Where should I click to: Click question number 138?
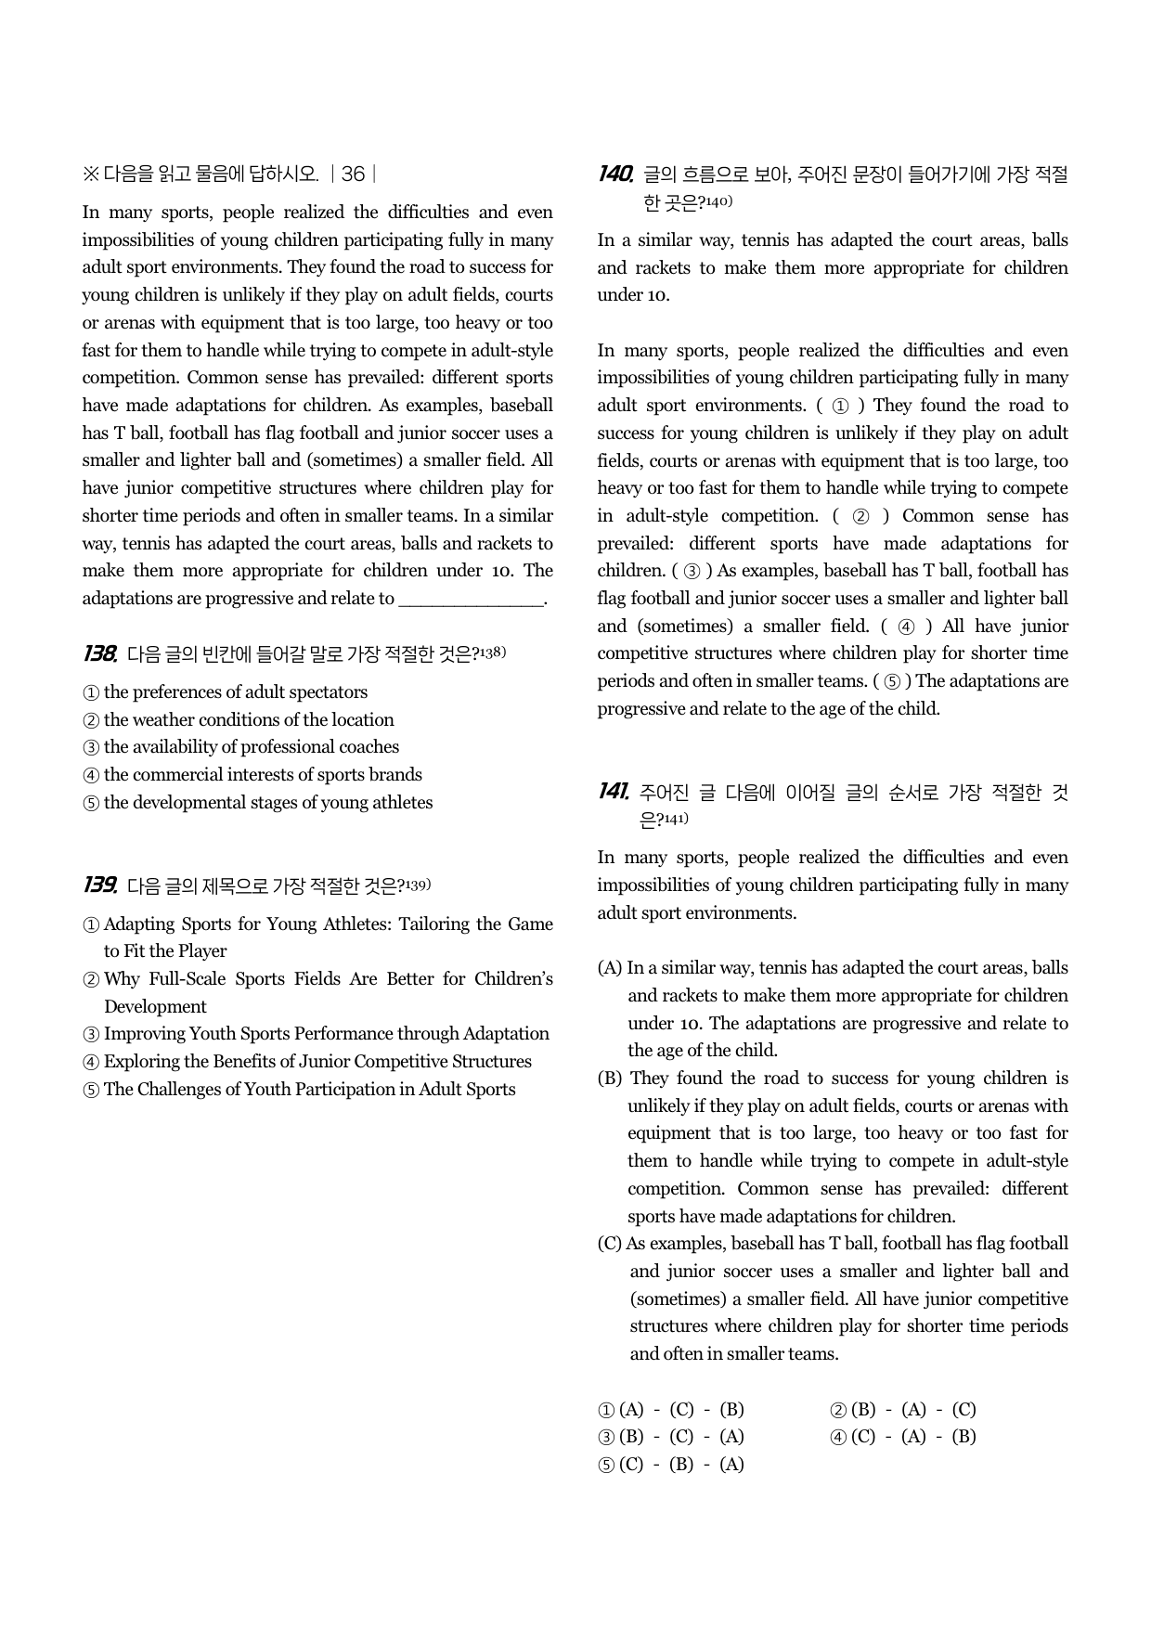pos(99,654)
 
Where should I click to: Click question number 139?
pos(99,885)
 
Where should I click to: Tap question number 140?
pos(614,174)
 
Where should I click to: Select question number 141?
pos(614,793)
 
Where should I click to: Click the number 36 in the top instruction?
pos(353,174)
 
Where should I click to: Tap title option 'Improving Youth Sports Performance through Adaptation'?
pos(316,1034)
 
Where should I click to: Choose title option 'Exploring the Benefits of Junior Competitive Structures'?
pos(307,1062)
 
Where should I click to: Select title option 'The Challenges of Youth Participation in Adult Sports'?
pos(299,1090)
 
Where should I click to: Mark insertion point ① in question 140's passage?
pos(841,407)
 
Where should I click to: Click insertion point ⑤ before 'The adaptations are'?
pos(892,682)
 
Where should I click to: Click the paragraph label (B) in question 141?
pos(610,1079)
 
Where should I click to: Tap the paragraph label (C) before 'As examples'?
pos(610,1244)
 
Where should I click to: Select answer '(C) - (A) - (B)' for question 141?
pos(903,1437)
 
